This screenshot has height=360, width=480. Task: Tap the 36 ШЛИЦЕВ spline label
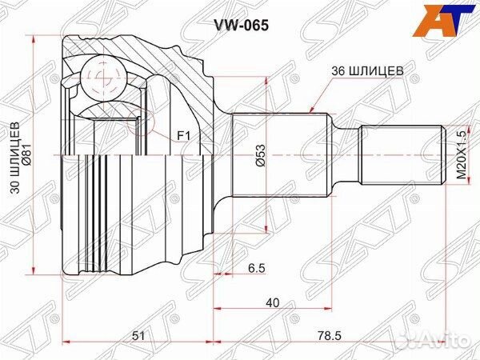pos(366,70)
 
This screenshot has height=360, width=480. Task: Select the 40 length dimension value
pos(273,302)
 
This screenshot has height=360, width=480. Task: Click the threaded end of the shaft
pos(400,156)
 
